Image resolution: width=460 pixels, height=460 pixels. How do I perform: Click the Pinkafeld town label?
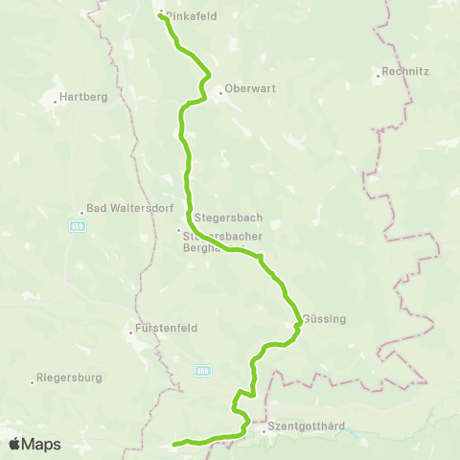191,15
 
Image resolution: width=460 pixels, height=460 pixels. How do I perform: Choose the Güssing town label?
324,319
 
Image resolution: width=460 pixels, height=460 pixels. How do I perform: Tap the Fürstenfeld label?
167,328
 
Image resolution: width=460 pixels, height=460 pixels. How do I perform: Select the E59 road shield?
78,226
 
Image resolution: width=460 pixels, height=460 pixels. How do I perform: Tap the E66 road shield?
202,370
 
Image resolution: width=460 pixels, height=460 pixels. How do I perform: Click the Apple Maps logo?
35,444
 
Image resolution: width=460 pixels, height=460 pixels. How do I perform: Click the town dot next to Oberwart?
221,93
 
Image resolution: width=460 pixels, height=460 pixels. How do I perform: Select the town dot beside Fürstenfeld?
130,333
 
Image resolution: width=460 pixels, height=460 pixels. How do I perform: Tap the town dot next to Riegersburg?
32,382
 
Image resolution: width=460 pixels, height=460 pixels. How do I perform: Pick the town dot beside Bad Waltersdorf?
82,214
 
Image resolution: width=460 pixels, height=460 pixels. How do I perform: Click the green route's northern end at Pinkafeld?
159,15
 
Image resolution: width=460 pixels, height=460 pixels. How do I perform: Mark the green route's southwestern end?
173,445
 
